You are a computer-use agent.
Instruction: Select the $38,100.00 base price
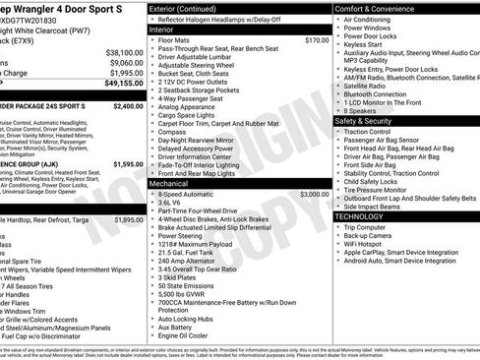point(124,52)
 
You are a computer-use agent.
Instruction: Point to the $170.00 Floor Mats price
point(317,40)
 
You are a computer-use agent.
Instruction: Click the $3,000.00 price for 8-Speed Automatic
point(315,195)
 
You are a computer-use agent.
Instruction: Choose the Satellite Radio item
point(372,86)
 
